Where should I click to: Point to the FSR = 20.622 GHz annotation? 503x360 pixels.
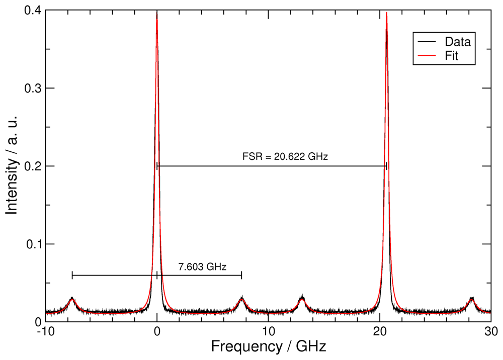285,157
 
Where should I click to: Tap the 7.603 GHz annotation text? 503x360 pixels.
199,267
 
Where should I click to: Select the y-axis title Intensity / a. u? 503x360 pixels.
12,165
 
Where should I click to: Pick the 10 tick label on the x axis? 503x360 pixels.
268,331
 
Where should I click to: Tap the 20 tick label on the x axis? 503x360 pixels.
380,331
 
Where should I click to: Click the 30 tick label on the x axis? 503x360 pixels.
490,331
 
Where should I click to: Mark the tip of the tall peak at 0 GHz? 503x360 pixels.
157,13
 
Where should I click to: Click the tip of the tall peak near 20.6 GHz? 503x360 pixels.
386,13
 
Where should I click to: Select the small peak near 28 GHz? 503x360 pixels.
472,299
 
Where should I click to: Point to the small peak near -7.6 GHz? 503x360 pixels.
72,299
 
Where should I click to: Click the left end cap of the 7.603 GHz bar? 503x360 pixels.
72,275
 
